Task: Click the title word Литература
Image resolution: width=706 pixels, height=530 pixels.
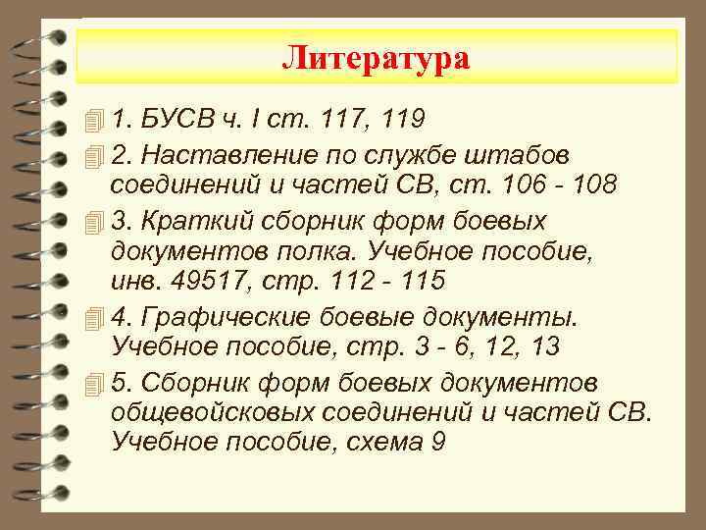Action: click(377, 58)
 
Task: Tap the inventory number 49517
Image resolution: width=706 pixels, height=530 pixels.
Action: click(202, 282)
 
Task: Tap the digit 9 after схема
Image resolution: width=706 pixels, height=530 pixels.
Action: click(437, 443)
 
